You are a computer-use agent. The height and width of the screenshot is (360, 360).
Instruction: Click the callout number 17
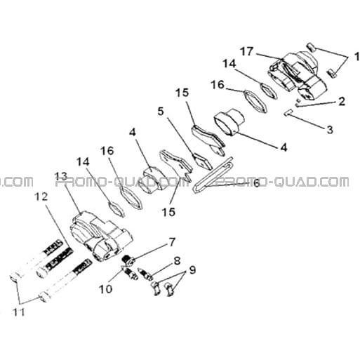click(x=247, y=51)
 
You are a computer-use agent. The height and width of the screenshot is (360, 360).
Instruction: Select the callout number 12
click(x=41, y=196)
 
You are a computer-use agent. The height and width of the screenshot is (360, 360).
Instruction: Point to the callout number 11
click(x=19, y=312)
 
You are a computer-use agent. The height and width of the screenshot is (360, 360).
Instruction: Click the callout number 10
click(x=105, y=289)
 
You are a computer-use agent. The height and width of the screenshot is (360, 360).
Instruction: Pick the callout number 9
click(x=192, y=270)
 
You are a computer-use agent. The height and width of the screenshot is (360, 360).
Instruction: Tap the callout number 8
click(x=177, y=260)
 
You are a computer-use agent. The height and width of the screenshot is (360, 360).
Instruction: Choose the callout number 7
click(x=172, y=243)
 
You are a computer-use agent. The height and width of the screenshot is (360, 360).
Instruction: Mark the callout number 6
click(x=257, y=183)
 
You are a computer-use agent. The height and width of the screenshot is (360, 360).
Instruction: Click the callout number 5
click(x=161, y=112)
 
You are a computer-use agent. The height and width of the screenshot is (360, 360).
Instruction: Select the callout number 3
click(x=330, y=130)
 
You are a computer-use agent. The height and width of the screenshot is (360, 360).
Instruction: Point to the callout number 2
click(x=342, y=101)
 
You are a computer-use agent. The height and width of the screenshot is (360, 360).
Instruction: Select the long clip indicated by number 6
click(x=213, y=175)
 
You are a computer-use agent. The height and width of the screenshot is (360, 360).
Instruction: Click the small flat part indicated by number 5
click(x=202, y=161)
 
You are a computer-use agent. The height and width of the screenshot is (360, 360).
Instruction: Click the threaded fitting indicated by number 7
click(x=128, y=261)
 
